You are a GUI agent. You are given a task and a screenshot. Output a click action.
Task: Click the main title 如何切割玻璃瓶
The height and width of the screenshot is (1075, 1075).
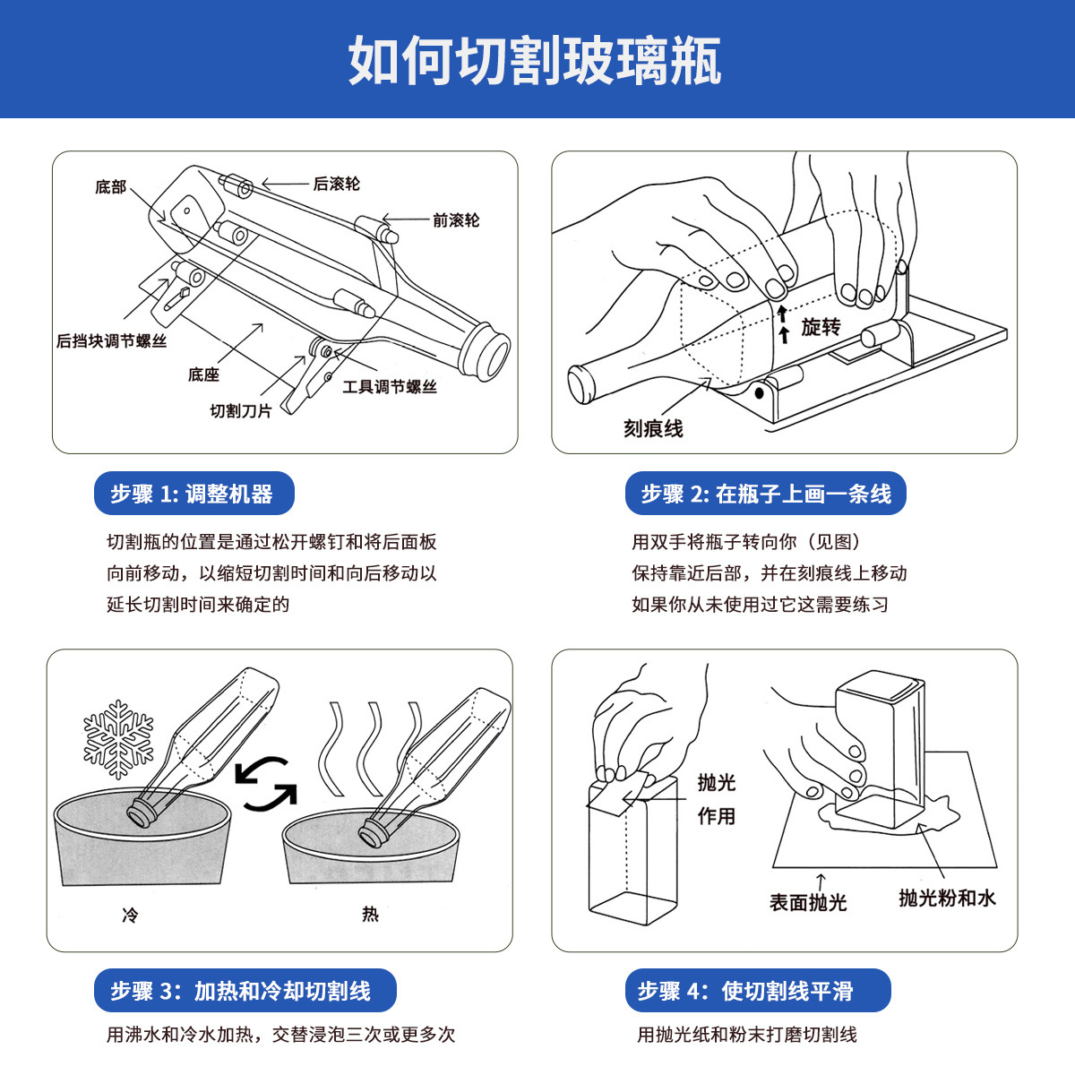click(x=535, y=60)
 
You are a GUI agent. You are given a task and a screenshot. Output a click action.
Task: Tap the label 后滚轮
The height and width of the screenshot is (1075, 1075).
click(x=337, y=184)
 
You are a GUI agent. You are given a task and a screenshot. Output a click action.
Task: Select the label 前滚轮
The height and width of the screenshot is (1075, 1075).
click(x=456, y=220)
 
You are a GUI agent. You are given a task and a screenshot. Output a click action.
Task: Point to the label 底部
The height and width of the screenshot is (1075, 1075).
click(x=110, y=187)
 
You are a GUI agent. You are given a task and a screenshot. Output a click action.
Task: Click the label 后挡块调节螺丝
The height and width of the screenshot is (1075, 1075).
click(x=112, y=340)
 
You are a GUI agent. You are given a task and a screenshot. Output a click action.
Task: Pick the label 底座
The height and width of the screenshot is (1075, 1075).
click(x=203, y=374)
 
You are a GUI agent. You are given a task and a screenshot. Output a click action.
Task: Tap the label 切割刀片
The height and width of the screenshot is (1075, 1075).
click(x=240, y=411)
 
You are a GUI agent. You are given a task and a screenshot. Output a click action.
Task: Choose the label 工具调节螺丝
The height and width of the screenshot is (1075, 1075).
click(x=390, y=387)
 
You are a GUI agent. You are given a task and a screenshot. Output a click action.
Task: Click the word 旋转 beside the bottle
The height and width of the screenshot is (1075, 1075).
click(x=821, y=327)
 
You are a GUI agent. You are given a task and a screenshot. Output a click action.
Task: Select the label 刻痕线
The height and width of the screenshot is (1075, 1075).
click(x=653, y=428)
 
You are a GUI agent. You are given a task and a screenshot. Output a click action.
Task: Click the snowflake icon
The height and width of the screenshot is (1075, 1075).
click(x=118, y=739)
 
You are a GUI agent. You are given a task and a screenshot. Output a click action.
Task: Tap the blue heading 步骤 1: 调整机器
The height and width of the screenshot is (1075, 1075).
click(x=194, y=493)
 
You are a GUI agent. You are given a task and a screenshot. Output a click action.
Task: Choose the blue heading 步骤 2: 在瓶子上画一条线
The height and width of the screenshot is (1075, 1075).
click(x=765, y=493)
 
